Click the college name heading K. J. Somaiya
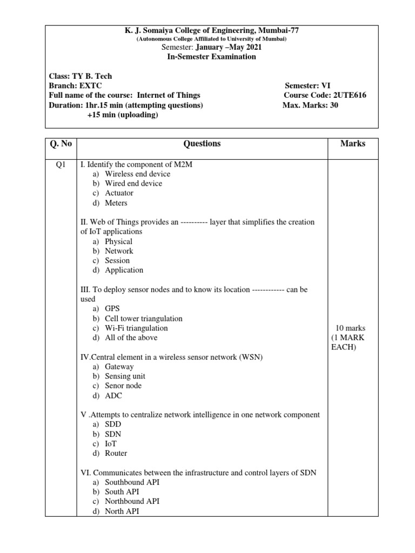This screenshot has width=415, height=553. [208, 30]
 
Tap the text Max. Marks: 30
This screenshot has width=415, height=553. [310, 105]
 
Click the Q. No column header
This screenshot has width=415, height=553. [61, 144]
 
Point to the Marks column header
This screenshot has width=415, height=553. [353, 144]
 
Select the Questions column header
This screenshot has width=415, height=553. [202, 144]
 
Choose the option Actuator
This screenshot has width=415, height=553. [119, 193]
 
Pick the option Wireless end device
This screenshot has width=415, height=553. [137, 174]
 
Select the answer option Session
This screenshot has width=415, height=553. [117, 260]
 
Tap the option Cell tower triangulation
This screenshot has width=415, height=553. [144, 319]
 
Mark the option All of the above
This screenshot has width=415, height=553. [131, 338]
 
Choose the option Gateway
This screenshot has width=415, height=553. [119, 367]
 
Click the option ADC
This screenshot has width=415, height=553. [113, 395]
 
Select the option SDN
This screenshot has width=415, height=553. [113, 434]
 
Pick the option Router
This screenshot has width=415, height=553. [116, 453]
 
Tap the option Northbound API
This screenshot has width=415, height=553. [132, 501]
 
